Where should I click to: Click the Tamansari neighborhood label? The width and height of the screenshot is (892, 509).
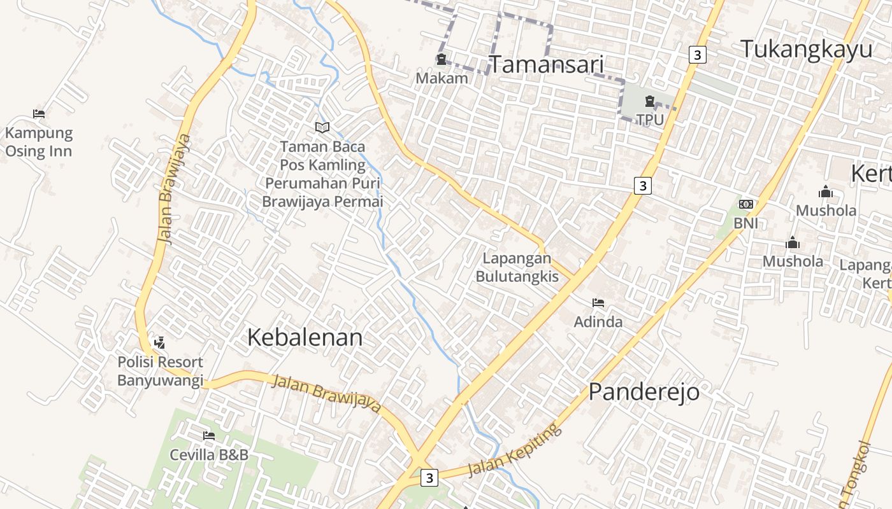pyautogui.click(x=546, y=64)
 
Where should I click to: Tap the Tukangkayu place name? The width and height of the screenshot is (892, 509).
pyautogui.click(x=806, y=49)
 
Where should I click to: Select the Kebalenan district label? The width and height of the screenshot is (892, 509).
pyautogui.click(x=305, y=337)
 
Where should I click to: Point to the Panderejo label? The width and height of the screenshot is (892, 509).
pyautogui.click(x=644, y=392)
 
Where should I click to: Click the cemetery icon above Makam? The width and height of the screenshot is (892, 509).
pyautogui.click(x=441, y=60)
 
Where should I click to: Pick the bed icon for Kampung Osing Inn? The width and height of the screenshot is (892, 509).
pyautogui.click(x=39, y=115)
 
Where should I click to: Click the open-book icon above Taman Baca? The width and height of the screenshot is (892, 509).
pyautogui.click(x=322, y=128)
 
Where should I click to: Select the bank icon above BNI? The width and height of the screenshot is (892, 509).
pyautogui.click(x=745, y=204)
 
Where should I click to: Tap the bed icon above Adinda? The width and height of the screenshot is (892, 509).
pyautogui.click(x=598, y=303)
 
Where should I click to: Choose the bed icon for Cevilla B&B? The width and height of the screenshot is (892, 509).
pyautogui.click(x=208, y=436)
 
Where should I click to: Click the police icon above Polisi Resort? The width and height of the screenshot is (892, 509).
pyautogui.click(x=159, y=342)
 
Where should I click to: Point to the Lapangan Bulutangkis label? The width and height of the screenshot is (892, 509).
pyautogui.click(x=517, y=267)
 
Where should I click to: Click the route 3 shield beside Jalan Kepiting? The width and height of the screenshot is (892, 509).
pyautogui.click(x=430, y=477)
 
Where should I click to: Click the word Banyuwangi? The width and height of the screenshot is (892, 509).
pyautogui.click(x=160, y=380)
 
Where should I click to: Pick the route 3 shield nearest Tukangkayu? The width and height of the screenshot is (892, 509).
pyautogui.click(x=697, y=55)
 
